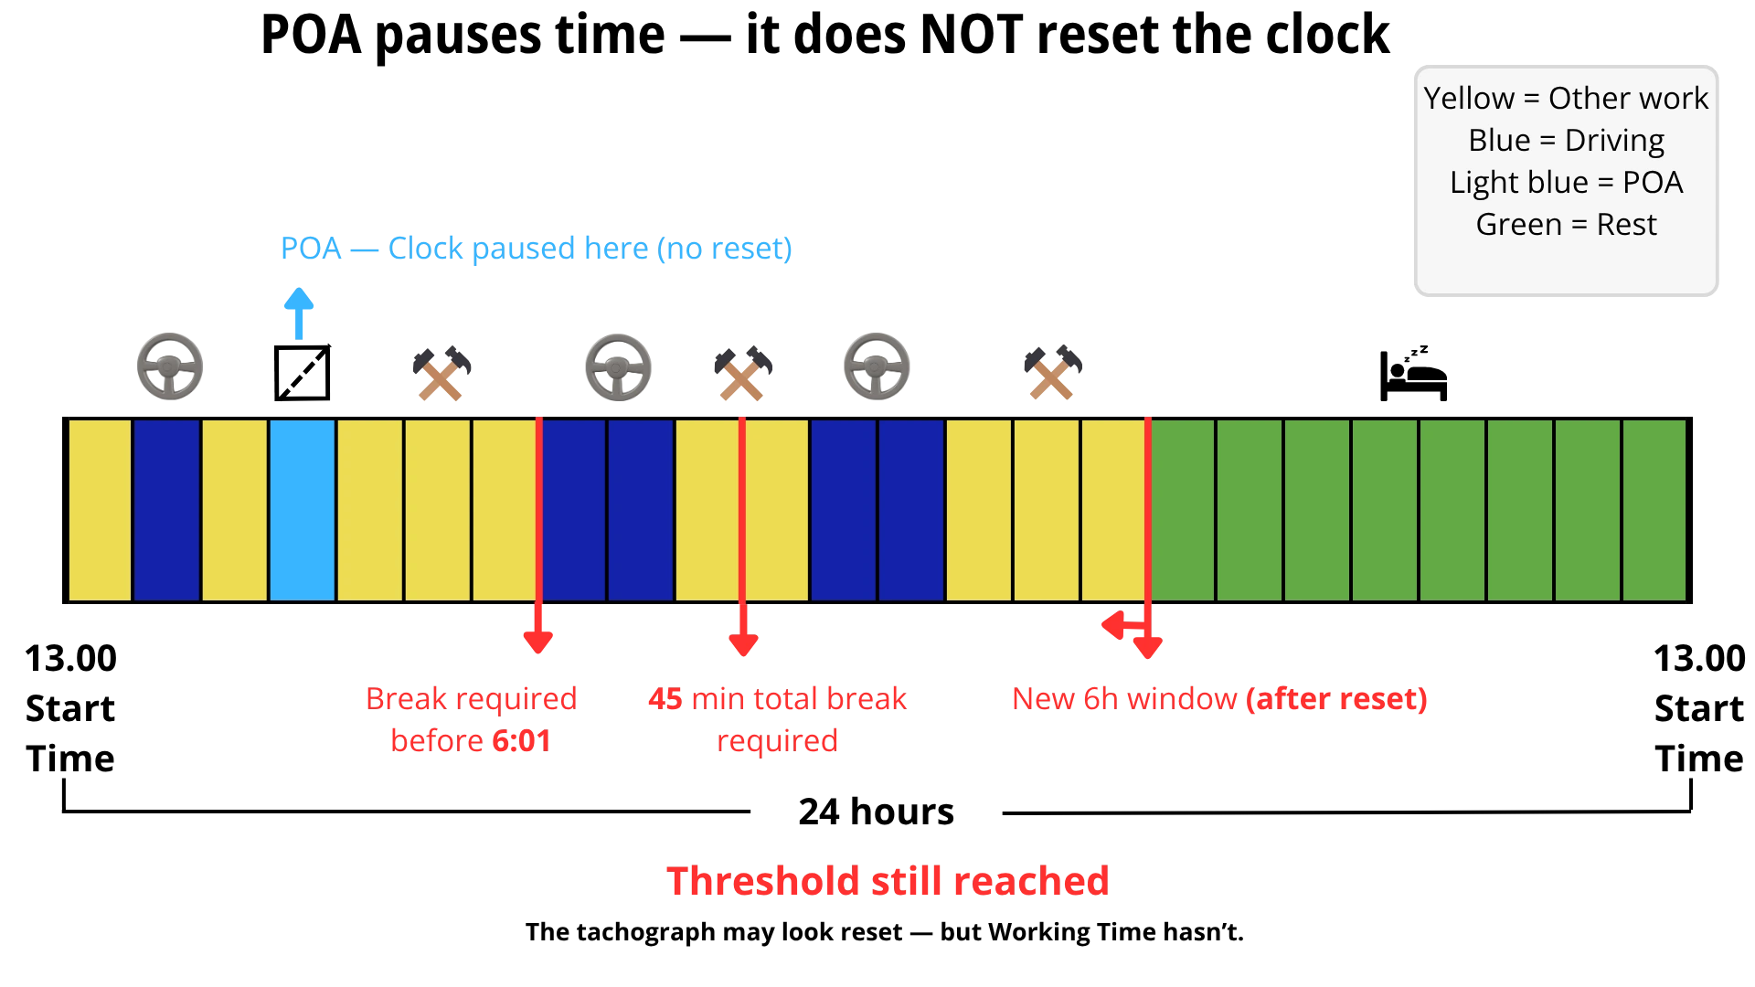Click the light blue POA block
[x=303, y=510]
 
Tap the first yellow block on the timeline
[x=100, y=510]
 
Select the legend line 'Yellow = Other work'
[x=1565, y=99]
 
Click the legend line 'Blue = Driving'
[x=1565, y=141]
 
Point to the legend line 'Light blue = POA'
[x=1565, y=183]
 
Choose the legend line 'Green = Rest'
[x=1565, y=225]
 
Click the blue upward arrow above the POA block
[x=298, y=313]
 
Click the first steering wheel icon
[x=168, y=366]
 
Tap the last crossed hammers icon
[x=1052, y=374]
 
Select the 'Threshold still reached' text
[x=888, y=882]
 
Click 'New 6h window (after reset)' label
[x=1218, y=699]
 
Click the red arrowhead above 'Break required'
[x=537, y=643]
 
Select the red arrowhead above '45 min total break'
[x=742, y=643]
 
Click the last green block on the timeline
[x=1654, y=510]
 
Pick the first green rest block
[x=1183, y=510]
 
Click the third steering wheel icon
[x=877, y=366]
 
